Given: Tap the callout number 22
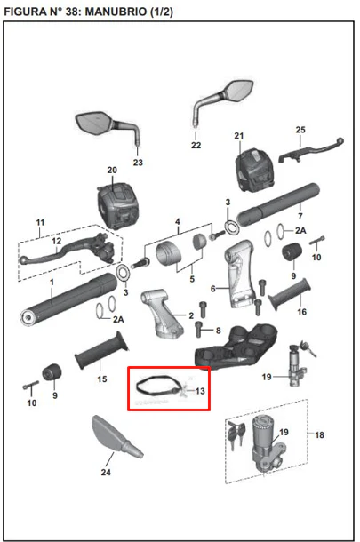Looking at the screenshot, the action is (x=196, y=145).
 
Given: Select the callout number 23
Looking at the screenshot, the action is (x=138, y=162).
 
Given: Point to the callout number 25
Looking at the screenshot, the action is (x=300, y=130).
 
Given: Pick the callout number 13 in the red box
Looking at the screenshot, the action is (x=200, y=391).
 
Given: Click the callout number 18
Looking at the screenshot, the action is (x=319, y=434).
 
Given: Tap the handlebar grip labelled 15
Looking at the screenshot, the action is (x=101, y=351).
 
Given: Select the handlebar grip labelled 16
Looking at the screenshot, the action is (x=290, y=294).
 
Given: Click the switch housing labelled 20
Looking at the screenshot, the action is (x=118, y=205).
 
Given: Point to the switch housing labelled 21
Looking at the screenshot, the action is (x=254, y=170).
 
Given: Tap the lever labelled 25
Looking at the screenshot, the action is (x=311, y=149).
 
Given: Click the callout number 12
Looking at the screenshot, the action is (x=56, y=241).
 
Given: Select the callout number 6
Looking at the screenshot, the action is (x=213, y=288).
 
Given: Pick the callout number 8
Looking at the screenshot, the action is (x=218, y=331).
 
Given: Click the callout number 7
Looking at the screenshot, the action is (x=300, y=216).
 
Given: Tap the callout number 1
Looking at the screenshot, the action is (x=52, y=282).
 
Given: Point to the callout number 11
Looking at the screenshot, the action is (x=41, y=222).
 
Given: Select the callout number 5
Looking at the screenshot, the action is (x=192, y=279).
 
